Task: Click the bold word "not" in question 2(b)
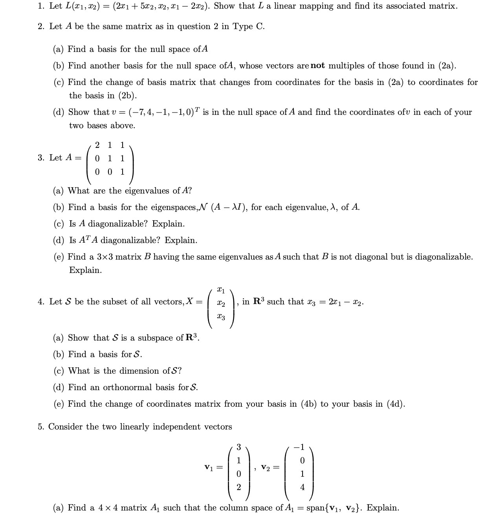[x=318, y=66]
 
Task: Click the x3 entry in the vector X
[x=221, y=317]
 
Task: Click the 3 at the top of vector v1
[x=238, y=447]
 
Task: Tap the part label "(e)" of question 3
[x=59, y=257]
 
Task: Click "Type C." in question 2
[x=248, y=26]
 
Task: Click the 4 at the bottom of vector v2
[x=302, y=487]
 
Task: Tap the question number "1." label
[x=41, y=6]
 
